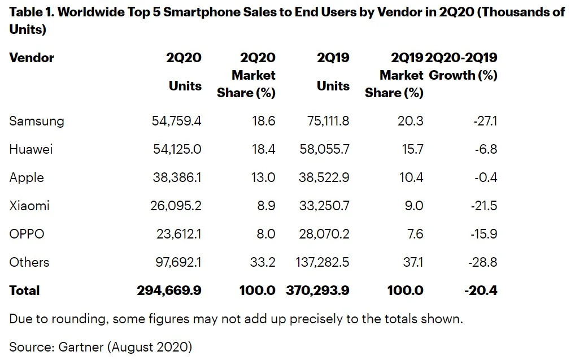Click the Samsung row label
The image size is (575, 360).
click(x=37, y=121)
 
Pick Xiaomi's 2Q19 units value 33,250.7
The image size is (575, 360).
click(x=324, y=206)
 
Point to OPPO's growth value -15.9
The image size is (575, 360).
click(x=483, y=234)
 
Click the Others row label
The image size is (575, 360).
click(x=29, y=262)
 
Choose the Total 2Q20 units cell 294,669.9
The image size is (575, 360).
click(x=169, y=290)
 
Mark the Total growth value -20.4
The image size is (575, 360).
click(x=481, y=290)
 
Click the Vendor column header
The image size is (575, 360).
click(x=32, y=58)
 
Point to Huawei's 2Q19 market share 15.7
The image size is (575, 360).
click(x=412, y=149)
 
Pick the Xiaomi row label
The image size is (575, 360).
click(x=29, y=206)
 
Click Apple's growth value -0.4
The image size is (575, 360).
click(x=485, y=177)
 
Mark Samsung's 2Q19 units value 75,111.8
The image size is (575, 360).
click(x=325, y=121)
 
